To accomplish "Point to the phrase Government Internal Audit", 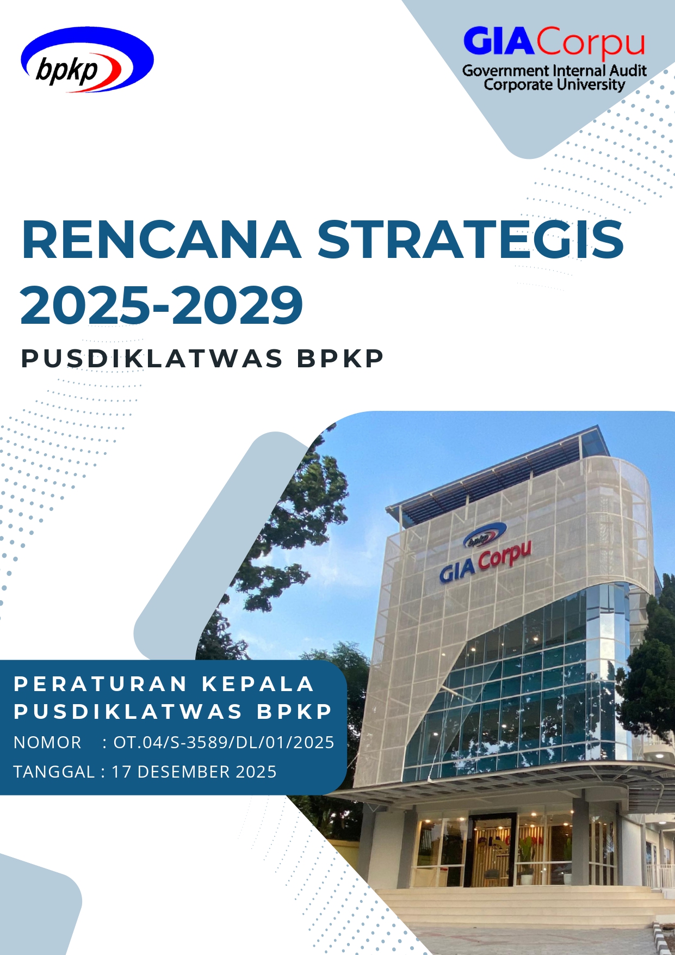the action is click(554, 71).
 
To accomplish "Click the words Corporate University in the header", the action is click(554, 85).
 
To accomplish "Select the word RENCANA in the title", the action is click(161, 239).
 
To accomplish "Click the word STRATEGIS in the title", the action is click(470, 239).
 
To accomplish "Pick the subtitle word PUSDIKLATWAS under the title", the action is click(152, 359).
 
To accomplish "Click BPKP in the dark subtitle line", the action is click(340, 359).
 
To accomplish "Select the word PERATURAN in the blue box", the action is click(101, 684).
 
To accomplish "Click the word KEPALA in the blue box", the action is click(258, 684).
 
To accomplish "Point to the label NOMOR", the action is click(47, 742).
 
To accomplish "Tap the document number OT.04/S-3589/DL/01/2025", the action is click(224, 742).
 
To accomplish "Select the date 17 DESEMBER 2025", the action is click(194, 772).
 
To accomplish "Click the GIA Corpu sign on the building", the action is click(485, 562).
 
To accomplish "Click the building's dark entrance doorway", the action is click(492, 849).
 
